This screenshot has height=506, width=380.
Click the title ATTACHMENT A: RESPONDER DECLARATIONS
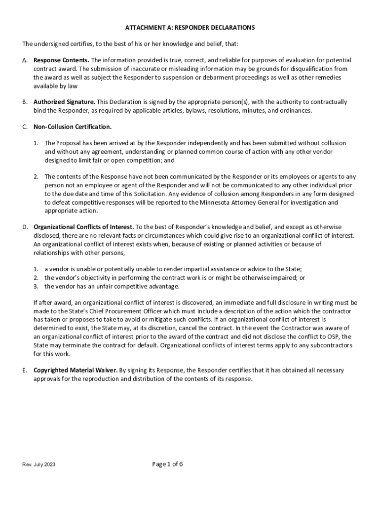coord(190,28)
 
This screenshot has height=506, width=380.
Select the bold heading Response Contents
coord(61,60)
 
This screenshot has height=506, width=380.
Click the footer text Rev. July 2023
coord(39,465)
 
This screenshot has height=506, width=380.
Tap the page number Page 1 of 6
coord(167,464)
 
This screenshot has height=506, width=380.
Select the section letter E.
coord(24,370)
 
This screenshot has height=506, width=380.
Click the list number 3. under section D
coord(36,286)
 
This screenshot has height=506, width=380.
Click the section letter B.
coord(24,102)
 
